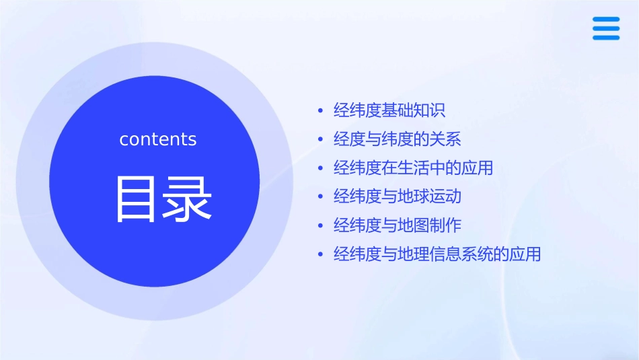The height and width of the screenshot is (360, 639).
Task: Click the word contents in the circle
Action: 158,139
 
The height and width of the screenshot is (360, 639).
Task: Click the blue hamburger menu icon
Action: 606,29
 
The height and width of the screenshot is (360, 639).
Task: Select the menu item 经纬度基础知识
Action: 389,110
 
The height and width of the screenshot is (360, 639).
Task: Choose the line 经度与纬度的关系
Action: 397,139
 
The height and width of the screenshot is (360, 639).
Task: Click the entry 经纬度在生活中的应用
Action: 413,168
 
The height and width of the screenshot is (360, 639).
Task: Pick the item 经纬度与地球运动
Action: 397,196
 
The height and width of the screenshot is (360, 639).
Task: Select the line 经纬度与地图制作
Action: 397,225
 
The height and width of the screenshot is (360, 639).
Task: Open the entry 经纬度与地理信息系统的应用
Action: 437,254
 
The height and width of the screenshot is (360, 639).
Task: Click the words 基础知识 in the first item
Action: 414,110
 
